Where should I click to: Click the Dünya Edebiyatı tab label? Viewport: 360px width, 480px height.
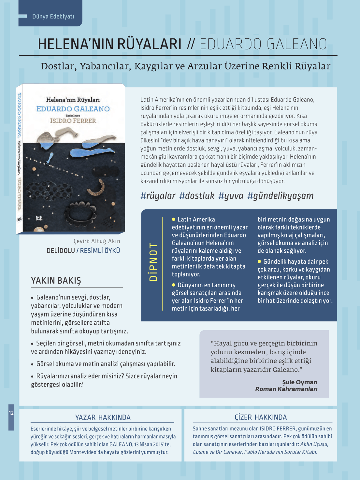[53, 16]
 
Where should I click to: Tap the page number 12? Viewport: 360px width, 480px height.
[11, 413]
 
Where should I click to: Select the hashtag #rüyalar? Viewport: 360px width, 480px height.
[158, 196]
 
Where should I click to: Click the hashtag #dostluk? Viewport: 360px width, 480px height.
[197, 196]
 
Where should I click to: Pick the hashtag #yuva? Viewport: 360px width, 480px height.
[231, 196]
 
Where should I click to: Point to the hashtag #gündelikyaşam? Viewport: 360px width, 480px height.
[280, 196]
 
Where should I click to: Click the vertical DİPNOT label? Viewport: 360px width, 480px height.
[153, 261]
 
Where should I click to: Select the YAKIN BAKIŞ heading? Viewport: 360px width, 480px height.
[56, 280]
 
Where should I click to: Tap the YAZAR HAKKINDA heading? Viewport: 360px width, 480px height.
[103, 417]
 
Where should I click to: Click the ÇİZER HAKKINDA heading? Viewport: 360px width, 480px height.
[261, 417]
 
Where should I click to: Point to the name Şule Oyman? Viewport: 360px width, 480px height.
[299, 382]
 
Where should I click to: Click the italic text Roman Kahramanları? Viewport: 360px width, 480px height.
[286, 389]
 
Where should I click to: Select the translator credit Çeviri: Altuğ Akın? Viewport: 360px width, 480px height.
[97, 241]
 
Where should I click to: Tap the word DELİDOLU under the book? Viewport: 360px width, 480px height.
[61, 251]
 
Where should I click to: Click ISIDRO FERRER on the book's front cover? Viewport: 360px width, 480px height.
[73, 121]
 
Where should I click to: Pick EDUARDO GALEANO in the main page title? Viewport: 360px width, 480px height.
[263, 44]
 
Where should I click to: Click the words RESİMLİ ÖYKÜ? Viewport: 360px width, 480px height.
[100, 251]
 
